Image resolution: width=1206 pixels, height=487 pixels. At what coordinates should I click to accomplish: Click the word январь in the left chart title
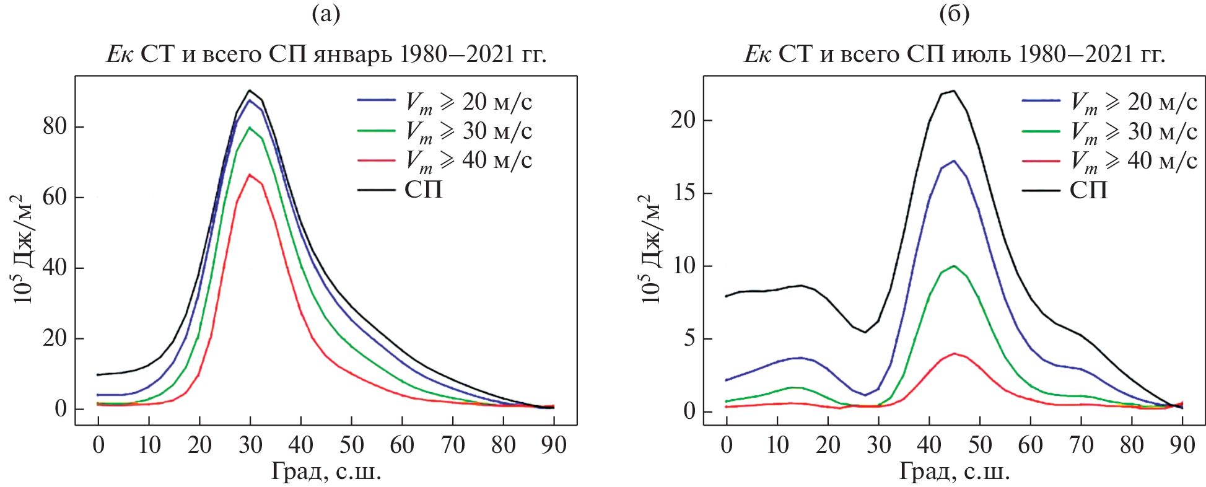click(352, 55)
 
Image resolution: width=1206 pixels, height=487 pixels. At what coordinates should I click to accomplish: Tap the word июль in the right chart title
click(974, 55)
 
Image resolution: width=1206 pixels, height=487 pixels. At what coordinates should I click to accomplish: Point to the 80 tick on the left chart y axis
click(55, 126)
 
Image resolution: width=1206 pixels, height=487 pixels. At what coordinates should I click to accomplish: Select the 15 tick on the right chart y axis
click(683, 193)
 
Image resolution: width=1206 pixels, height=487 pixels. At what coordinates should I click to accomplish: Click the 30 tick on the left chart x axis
click(250, 445)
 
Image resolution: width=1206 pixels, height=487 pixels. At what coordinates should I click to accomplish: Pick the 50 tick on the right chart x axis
click(980, 445)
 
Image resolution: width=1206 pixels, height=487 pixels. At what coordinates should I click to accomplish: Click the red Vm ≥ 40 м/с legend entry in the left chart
click(444, 160)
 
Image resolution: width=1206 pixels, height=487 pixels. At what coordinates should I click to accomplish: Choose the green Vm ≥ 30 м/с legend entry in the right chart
click(1109, 131)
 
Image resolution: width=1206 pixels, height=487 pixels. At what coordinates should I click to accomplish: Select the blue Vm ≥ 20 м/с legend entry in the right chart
click(1109, 102)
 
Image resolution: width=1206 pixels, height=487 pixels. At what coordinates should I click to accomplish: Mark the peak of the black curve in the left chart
click(250, 90)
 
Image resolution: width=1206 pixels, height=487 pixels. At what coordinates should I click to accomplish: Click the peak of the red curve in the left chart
click(250, 175)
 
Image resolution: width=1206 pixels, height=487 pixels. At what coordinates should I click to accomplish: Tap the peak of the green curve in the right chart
click(954, 266)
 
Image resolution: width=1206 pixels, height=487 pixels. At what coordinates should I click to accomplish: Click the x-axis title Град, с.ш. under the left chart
click(326, 472)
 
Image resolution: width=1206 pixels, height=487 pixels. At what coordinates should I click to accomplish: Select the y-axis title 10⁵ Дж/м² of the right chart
click(650, 249)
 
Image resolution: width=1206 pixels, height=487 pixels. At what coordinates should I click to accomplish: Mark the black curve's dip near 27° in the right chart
click(865, 332)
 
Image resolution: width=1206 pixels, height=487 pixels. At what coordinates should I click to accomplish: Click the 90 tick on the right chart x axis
click(1182, 445)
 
